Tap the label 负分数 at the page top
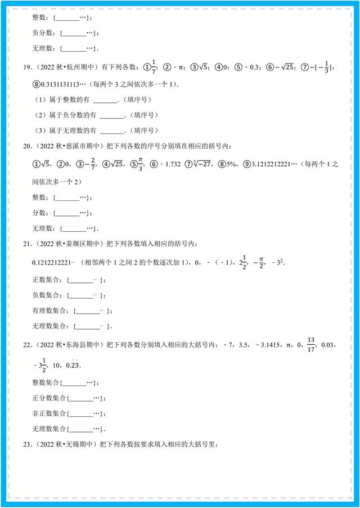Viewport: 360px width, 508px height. click(x=41, y=33)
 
